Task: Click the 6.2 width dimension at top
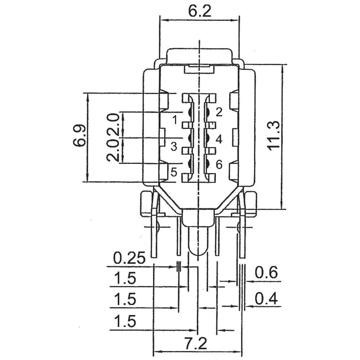coord(200,11)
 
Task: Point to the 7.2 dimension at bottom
coord(196,343)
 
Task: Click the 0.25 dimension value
coord(129,258)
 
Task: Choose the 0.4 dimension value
coord(266,299)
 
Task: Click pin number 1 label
coord(175,120)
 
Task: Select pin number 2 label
coord(219,112)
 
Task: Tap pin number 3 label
coord(174,147)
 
